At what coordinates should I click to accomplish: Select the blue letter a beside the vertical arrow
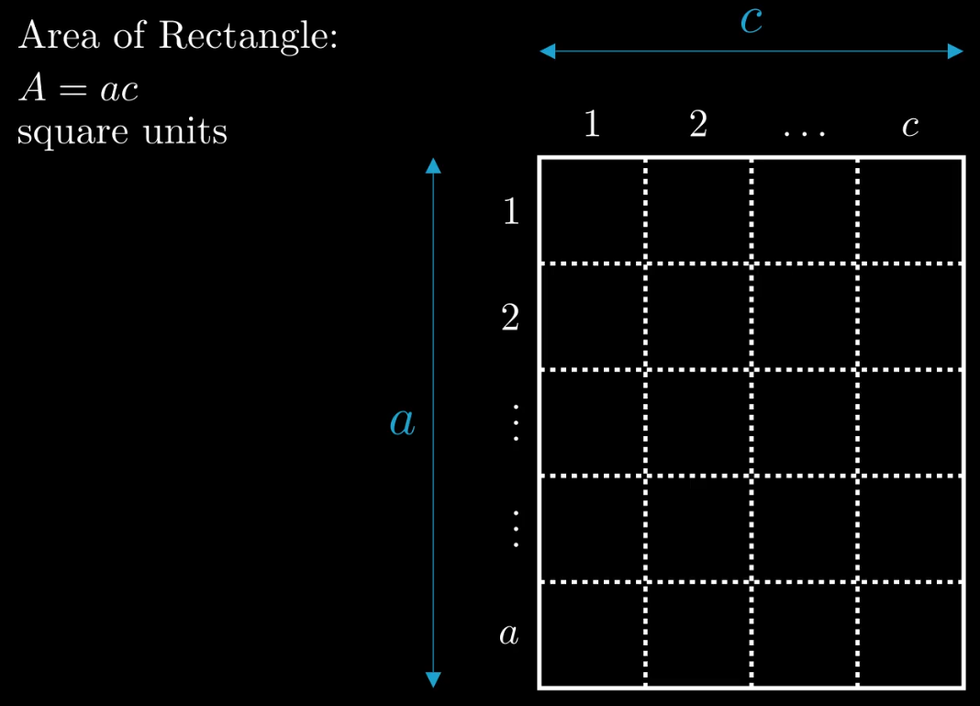tap(402, 421)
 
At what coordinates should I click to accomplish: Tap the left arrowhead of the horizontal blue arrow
tap(548, 51)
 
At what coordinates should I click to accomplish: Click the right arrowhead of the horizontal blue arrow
tap(956, 51)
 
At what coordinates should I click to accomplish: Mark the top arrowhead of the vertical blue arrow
tap(434, 165)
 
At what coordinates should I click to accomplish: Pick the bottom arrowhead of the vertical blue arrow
tap(434, 679)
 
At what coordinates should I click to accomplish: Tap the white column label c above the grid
tap(910, 127)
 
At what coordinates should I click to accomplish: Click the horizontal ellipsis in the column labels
tap(805, 131)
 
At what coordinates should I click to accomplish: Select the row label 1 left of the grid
tap(511, 212)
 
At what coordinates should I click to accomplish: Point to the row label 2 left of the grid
tap(510, 319)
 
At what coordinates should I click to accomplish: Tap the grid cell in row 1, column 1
tap(593, 211)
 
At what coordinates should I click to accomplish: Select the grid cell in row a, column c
tap(910, 634)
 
